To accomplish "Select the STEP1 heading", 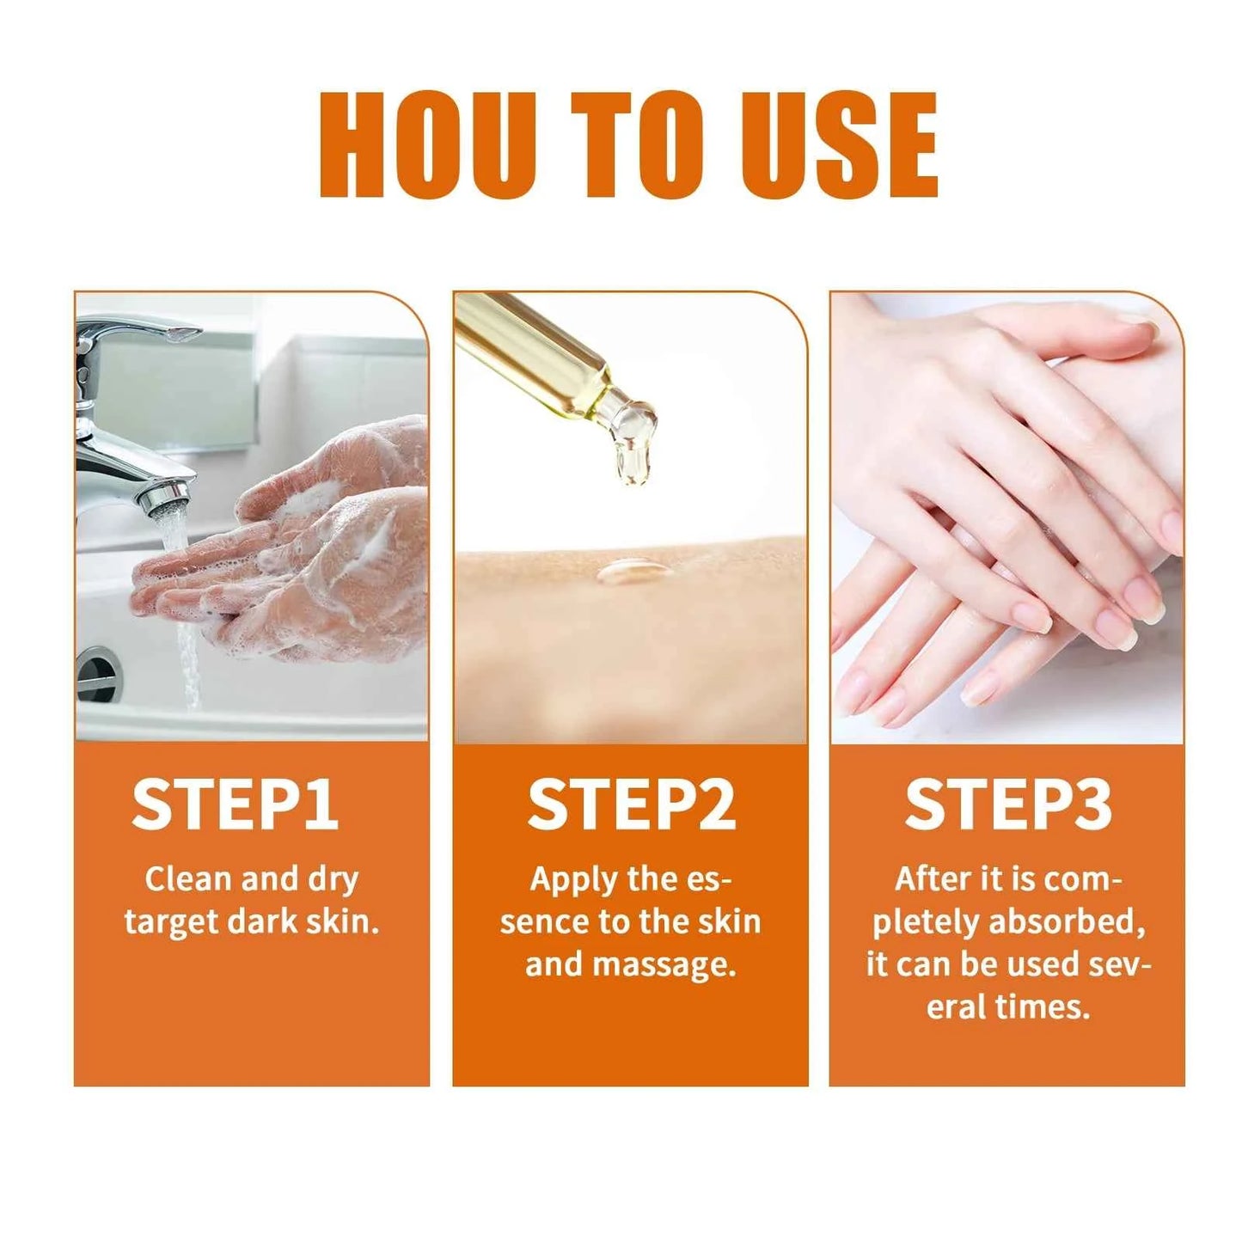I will (235, 805).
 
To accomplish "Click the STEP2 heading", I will (631, 805).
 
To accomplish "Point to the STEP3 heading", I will (1007, 805).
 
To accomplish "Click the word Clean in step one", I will (188, 879).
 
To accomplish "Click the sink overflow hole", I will (97, 670).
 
